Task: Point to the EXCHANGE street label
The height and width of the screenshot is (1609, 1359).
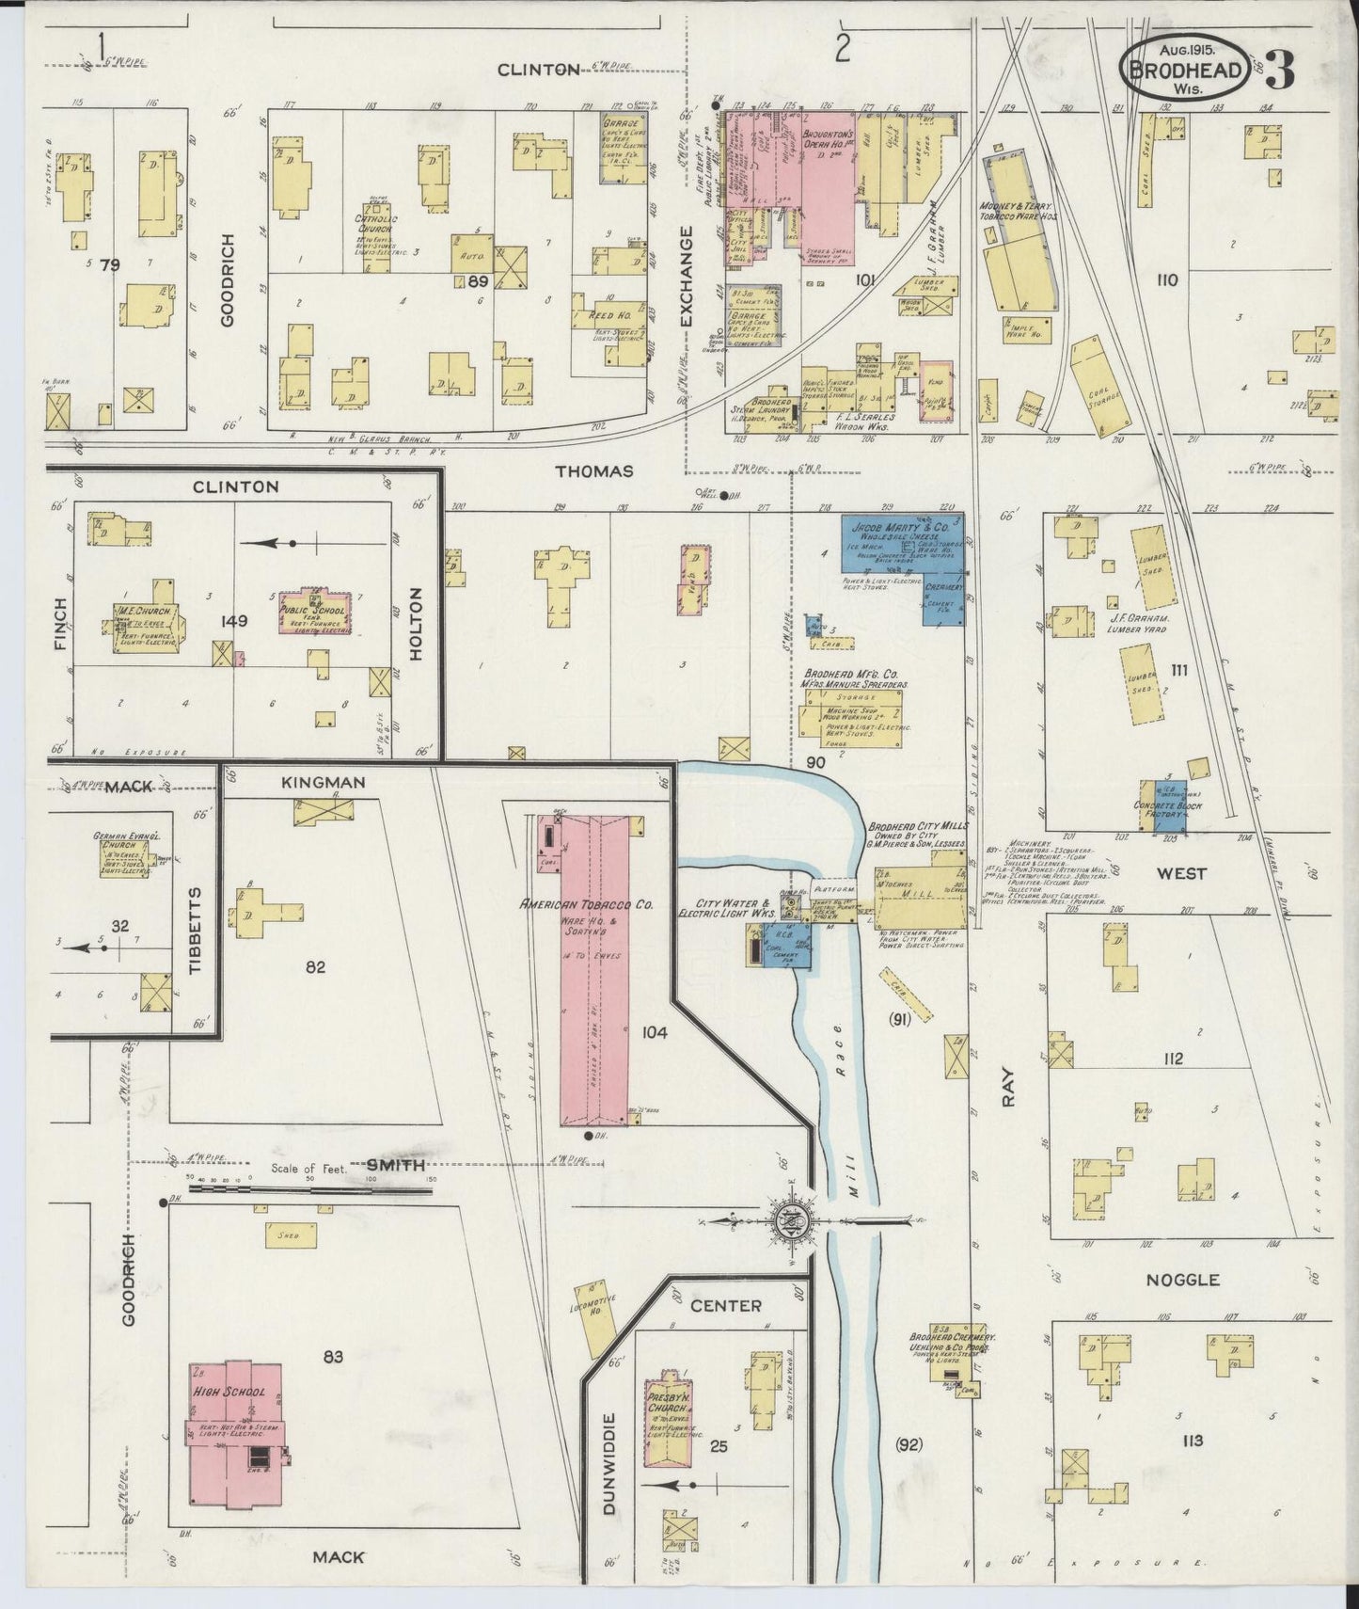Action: (x=686, y=276)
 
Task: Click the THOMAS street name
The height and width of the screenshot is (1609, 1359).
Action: (x=593, y=470)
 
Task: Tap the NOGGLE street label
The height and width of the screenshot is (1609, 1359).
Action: (x=1182, y=1280)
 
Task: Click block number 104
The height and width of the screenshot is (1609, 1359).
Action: (x=654, y=1033)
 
